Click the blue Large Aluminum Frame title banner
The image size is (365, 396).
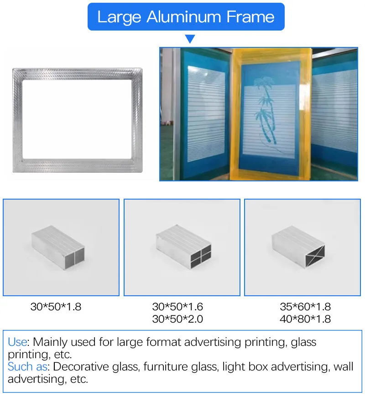pyautogui.click(x=186, y=17)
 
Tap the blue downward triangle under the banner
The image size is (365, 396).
pyautogui.click(x=190, y=39)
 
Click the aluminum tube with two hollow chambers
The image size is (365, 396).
pyautogui.click(x=58, y=248)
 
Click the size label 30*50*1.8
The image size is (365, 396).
pyautogui.click(x=56, y=307)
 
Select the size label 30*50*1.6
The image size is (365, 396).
pyautogui.click(x=177, y=307)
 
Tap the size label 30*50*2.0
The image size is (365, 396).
pyautogui.click(x=177, y=319)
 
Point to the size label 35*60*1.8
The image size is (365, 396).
pyautogui.click(x=305, y=307)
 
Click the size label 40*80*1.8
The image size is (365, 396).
pyautogui.click(x=305, y=319)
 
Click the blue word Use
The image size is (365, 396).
pyautogui.click(x=17, y=342)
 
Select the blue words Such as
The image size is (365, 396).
pyautogui.click(x=27, y=367)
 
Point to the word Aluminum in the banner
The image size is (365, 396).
pyautogui.click(x=184, y=17)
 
